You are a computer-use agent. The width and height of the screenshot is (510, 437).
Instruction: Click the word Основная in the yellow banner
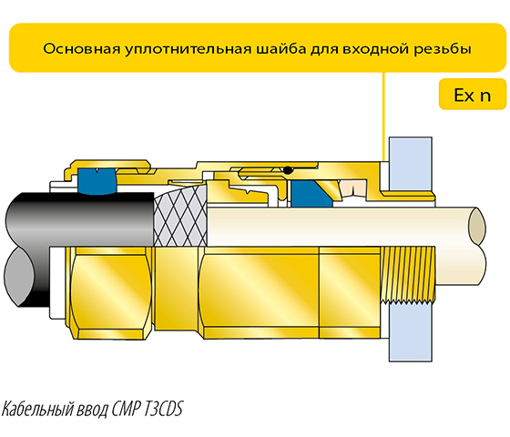click(81, 49)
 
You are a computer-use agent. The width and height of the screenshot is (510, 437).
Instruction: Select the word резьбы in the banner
click(442, 49)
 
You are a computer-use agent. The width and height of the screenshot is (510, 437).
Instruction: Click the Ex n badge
click(473, 95)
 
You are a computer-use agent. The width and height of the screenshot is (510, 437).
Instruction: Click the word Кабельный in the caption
click(37, 409)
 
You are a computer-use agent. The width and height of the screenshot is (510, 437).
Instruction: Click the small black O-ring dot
click(288, 170)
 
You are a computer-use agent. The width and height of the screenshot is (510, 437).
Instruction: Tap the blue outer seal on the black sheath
click(97, 181)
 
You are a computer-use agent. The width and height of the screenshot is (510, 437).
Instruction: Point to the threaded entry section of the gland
click(407, 275)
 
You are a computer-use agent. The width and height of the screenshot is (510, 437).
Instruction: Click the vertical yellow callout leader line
click(383, 117)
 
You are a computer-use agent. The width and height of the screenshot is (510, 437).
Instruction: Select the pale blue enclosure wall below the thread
click(411, 331)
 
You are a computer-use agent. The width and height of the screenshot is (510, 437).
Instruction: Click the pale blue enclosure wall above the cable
click(411, 164)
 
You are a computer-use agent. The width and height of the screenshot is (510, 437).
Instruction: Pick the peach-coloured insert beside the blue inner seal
click(353, 188)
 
